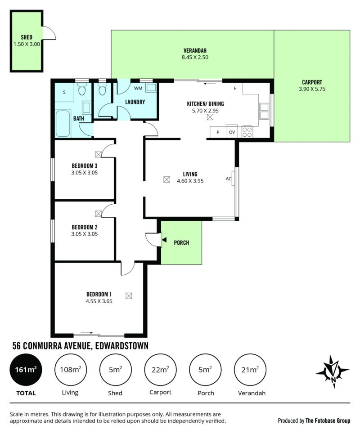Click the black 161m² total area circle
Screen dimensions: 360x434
coord(26,370)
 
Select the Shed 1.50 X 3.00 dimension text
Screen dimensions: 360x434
coord(27,44)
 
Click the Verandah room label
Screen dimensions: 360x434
coord(195,51)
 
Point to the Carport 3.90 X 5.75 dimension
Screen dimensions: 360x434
coord(312,89)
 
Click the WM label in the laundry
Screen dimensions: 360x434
coord(138,88)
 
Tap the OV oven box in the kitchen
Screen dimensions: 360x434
coord(232,132)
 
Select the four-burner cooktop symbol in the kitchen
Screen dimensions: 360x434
coord(247,132)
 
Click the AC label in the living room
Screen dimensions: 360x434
coord(228,179)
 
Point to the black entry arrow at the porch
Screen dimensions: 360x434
coord(164,240)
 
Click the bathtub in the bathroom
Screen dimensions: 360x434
coord(63,124)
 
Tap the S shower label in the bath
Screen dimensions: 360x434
coord(64,92)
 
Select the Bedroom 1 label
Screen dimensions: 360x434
coord(99,294)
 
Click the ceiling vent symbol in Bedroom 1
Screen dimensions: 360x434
coord(129,295)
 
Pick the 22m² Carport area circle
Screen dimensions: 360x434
coord(160,370)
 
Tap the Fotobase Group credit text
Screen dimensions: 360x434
coord(328,421)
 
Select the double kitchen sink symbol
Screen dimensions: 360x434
coord(264,111)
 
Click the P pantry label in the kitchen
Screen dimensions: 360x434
coord(218,132)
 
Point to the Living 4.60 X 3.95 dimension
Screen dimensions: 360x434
coord(190,181)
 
